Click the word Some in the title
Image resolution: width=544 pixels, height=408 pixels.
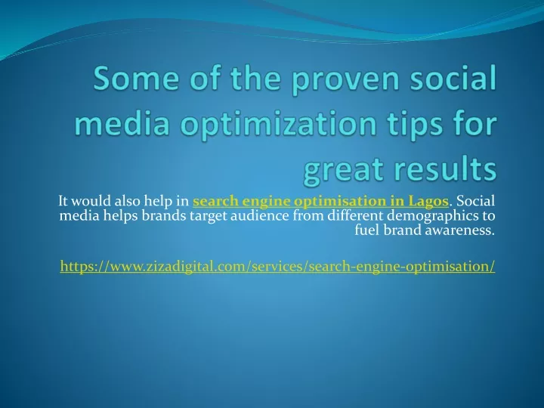pos(136,78)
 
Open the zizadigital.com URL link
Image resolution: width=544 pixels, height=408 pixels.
pos(277,267)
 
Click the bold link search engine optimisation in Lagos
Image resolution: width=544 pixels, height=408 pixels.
pos(320,201)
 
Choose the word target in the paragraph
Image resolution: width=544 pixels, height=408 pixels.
pos(209,217)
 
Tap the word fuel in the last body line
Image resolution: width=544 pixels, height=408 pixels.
pos(367,230)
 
